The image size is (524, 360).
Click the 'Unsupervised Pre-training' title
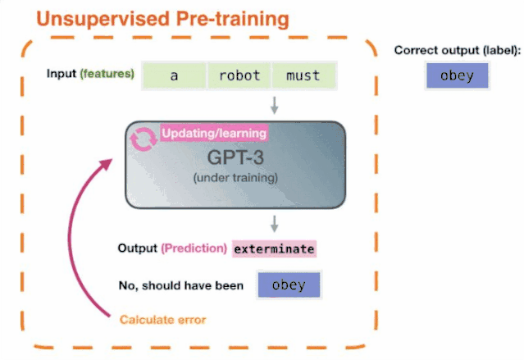click(162, 19)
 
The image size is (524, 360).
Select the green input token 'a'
click(174, 75)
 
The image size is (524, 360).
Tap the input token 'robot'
click(239, 75)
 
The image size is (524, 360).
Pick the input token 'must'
click(303, 75)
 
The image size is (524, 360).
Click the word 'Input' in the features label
click(62, 74)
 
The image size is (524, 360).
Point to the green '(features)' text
click(107, 74)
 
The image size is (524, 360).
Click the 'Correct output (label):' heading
click(458, 50)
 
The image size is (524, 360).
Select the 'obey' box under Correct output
click(457, 75)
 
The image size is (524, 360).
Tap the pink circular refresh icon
click(143, 139)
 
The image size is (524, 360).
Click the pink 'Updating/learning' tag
click(214, 133)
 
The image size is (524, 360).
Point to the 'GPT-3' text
click(235, 157)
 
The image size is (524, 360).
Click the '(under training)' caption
click(235, 177)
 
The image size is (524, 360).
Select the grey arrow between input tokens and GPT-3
click(275, 105)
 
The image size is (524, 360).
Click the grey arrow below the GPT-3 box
click(275, 224)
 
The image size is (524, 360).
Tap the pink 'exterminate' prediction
click(274, 248)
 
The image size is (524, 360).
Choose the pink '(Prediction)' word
click(194, 248)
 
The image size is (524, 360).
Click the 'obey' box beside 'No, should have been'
click(289, 285)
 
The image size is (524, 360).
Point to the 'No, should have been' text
click(181, 285)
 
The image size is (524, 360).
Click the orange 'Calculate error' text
click(162, 320)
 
